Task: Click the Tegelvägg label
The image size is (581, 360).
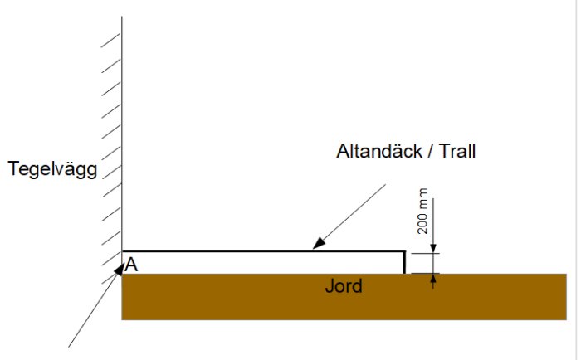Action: click(52, 170)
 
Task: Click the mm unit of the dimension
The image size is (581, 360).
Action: click(423, 200)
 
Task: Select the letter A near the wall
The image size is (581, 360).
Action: click(131, 265)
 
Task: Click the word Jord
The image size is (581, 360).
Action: click(344, 287)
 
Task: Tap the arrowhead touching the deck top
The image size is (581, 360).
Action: click(316, 246)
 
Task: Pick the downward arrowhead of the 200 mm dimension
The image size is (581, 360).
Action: click(434, 247)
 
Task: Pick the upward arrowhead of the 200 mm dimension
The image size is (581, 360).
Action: click(434, 280)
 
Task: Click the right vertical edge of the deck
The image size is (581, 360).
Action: click(404, 262)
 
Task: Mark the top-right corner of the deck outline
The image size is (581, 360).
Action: click(404, 251)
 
